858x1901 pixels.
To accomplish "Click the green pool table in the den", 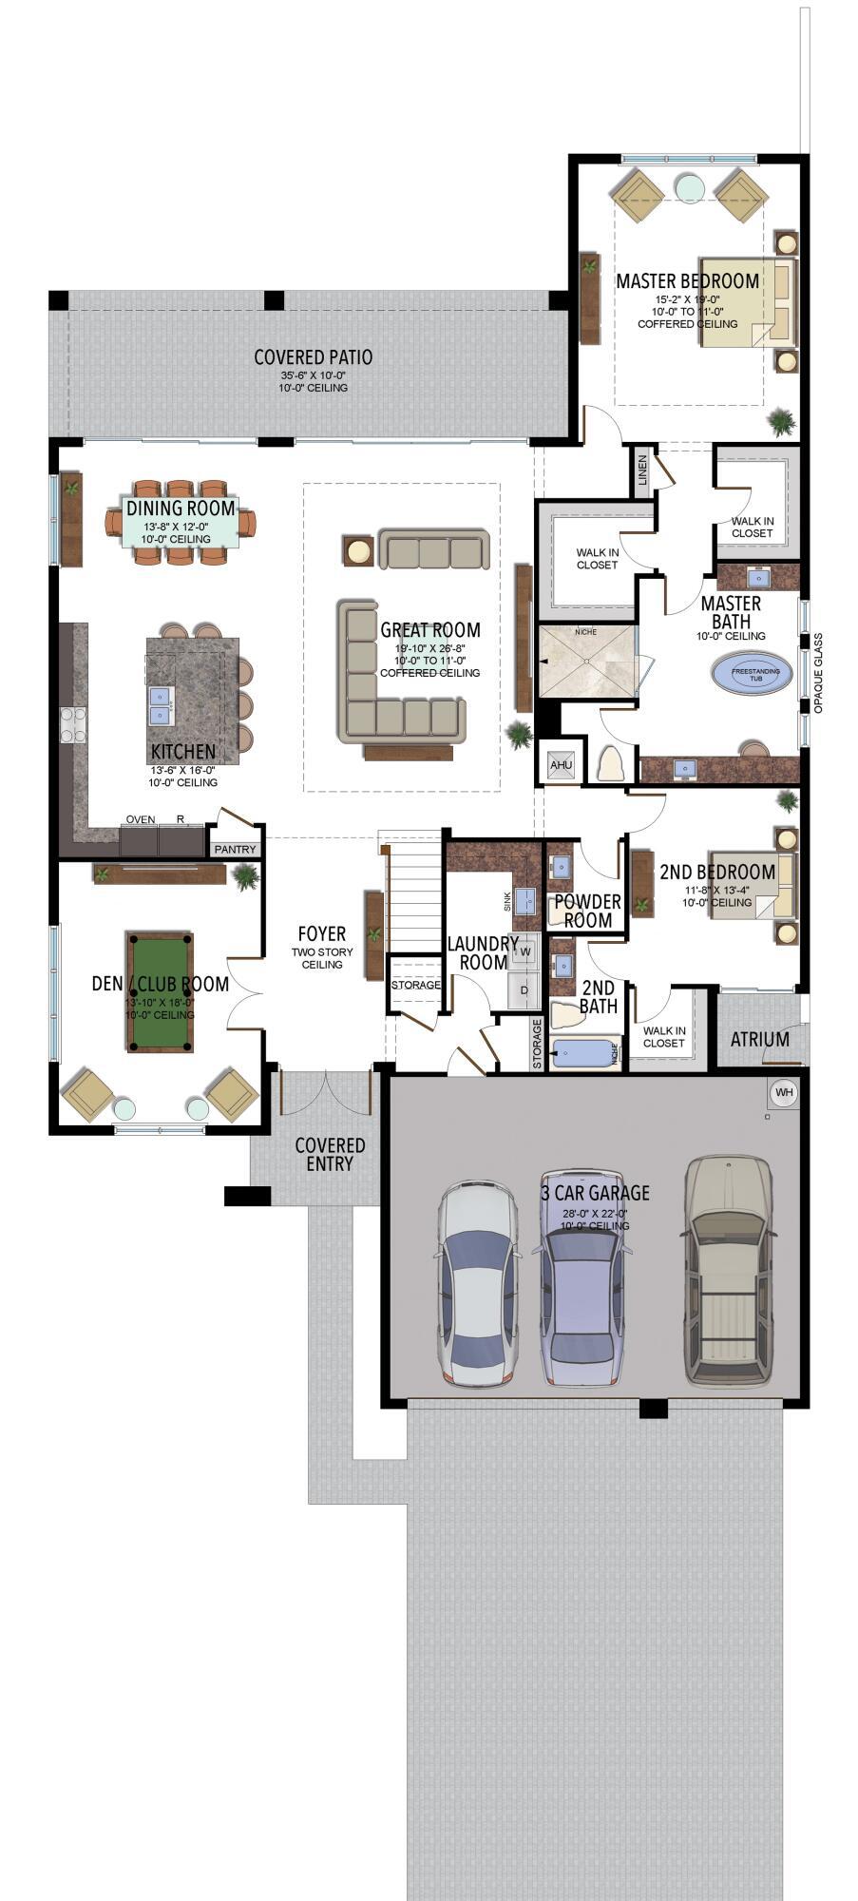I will tap(160, 991).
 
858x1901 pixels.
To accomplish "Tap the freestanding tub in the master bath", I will tap(755, 674).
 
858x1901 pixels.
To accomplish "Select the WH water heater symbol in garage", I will tap(783, 1093).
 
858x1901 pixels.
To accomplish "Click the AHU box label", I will tap(561, 764).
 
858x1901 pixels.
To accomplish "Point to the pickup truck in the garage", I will tap(730, 1274).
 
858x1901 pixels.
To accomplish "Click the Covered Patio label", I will tap(313, 357).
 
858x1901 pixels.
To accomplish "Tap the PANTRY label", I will tap(235, 849).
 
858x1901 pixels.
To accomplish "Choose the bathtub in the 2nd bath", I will tap(585, 1053).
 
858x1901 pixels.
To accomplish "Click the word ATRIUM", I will tap(759, 1039).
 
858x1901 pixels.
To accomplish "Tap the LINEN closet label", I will tap(643, 470).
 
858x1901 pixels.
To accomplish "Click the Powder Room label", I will tap(587, 910).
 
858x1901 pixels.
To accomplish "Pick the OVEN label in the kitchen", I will tap(141, 819).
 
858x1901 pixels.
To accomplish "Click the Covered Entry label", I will tap(330, 1154).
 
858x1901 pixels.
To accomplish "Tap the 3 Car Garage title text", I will tap(595, 1192).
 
